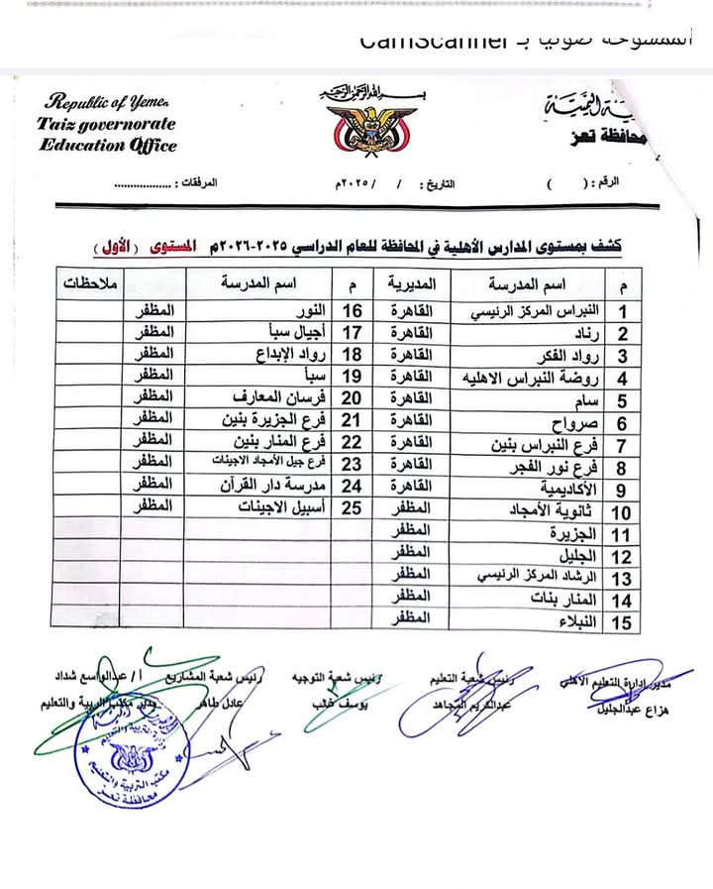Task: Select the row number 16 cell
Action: click(352, 311)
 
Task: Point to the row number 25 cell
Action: click(352, 506)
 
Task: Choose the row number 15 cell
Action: click(622, 621)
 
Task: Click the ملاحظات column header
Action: click(90, 282)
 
